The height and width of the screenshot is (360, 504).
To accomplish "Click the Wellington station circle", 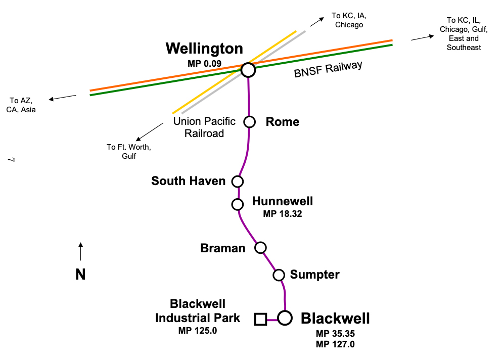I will point(248,70).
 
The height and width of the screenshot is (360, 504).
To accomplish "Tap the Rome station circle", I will point(250,122).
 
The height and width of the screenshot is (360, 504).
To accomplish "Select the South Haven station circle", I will point(238,181).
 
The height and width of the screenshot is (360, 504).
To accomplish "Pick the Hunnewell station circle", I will point(238,204).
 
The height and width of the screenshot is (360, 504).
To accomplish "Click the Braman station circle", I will point(260,248).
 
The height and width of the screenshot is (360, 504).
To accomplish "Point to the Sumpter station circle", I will point(279,275).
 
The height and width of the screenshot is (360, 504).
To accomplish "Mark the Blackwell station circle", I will point(285,318).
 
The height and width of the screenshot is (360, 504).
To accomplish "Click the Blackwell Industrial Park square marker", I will point(260,319).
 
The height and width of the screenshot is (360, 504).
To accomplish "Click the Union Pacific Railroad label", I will point(204,127).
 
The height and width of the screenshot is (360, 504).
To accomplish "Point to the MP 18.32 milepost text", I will point(283,214).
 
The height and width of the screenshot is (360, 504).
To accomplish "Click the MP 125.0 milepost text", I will point(198,331).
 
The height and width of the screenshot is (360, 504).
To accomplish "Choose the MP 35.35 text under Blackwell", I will point(335,334).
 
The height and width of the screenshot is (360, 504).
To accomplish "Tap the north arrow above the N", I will point(80,252).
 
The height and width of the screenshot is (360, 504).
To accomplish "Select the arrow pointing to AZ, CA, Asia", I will point(63,97).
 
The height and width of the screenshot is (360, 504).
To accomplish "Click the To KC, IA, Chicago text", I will point(348,20).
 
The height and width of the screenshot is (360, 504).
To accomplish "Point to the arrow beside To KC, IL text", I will point(422,38).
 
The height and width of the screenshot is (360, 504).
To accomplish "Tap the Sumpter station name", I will point(314,275).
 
